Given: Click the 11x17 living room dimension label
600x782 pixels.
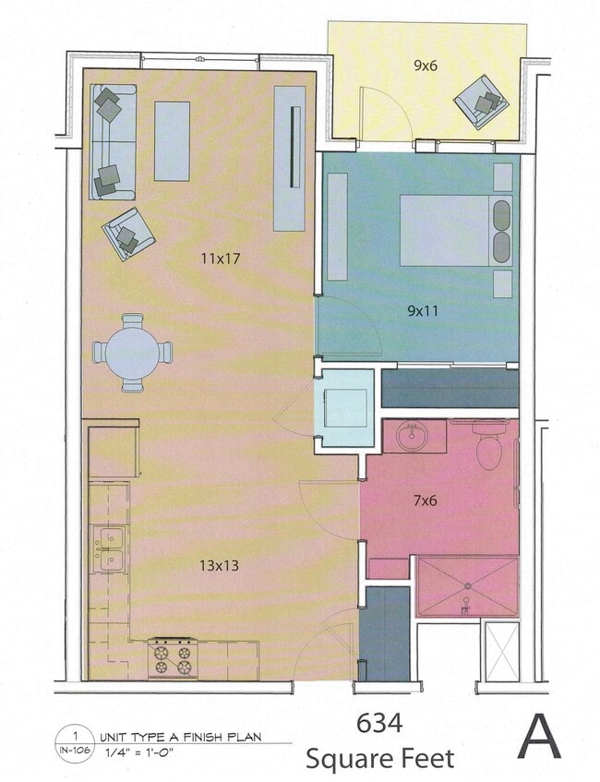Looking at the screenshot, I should [x=220, y=259].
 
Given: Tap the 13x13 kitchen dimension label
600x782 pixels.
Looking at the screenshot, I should [x=220, y=564].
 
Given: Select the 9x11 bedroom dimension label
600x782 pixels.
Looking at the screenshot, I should [x=423, y=310].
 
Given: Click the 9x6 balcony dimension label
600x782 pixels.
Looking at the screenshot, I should [x=426, y=65].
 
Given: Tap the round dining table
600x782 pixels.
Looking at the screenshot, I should [x=133, y=353].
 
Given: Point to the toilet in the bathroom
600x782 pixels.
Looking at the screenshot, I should [x=487, y=447].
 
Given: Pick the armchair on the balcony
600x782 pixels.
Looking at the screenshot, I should [x=479, y=102].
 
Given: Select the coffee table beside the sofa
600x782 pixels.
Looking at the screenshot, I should [x=172, y=140].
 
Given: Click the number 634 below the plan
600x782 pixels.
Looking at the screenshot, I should [x=378, y=723].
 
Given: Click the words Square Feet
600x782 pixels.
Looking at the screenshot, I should [x=380, y=759].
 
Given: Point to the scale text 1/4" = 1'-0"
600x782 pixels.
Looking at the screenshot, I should [x=141, y=753].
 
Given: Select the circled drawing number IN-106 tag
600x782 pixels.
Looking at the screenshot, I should [x=74, y=744].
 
